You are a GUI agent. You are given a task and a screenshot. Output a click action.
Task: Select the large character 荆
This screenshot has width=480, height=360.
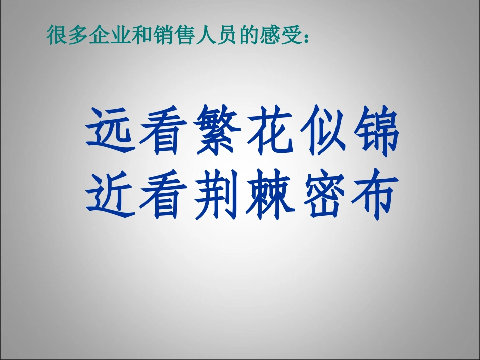(214, 194)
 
